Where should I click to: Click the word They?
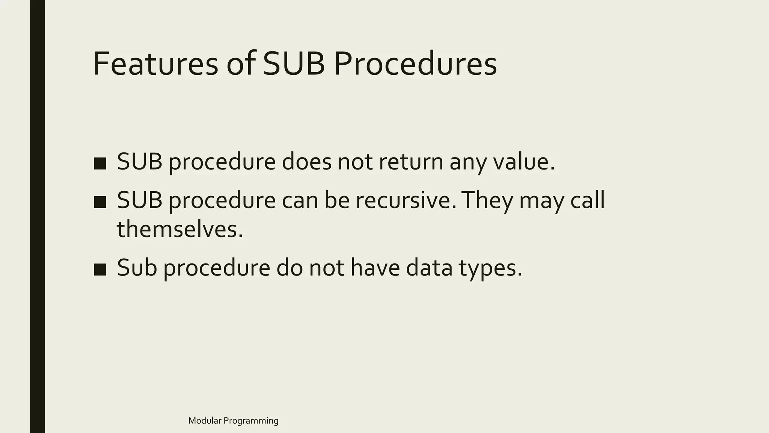point(487,200)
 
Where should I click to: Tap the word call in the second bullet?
point(587,200)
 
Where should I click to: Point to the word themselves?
point(180,229)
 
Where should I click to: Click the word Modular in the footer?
point(205,421)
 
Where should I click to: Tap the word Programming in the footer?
point(251,421)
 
